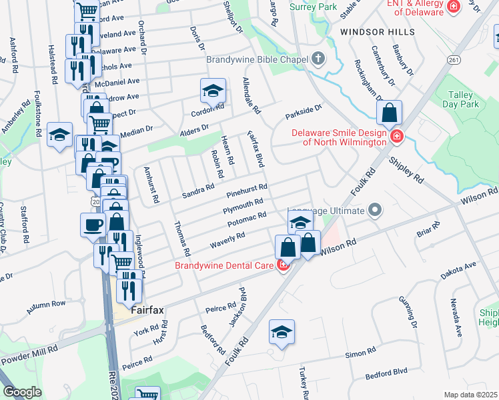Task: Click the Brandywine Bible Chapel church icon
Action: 318,59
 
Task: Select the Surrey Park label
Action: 314,7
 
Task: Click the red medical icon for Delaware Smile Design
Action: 397,137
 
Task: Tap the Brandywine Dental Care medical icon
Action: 283,265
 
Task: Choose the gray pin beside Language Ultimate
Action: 375,211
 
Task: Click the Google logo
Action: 21,392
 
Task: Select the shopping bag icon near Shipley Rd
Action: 389,113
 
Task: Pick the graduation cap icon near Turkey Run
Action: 282,331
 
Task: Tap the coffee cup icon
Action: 93,224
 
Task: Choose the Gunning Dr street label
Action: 409,317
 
